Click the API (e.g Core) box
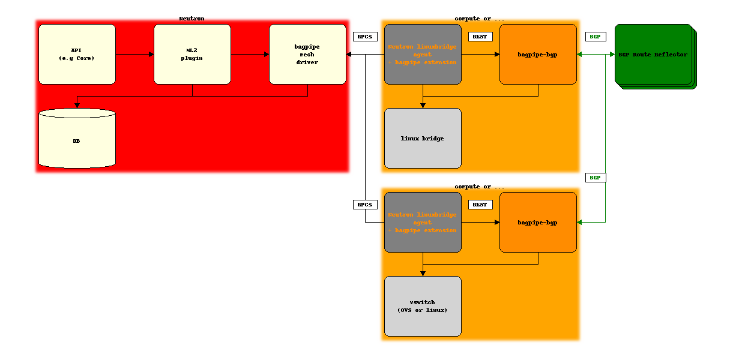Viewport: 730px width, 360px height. [x=77, y=54]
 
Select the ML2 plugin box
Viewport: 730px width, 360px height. [x=192, y=54]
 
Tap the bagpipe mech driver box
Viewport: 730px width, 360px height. [x=307, y=54]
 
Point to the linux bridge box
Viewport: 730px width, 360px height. [x=423, y=138]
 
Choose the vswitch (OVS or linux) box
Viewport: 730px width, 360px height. [x=423, y=306]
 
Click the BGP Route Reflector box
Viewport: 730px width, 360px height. [x=653, y=55]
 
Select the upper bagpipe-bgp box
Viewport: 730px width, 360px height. [x=538, y=54]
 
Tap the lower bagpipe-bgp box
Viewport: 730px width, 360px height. [x=538, y=222]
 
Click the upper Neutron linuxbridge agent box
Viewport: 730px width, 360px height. [x=423, y=54]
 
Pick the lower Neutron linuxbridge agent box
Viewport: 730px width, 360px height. [x=423, y=222]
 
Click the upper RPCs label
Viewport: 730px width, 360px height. [x=365, y=37]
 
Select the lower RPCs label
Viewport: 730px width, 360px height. [x=365, y=205]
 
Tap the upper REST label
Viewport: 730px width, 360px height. [x=480, y=37]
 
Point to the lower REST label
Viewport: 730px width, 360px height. [x=480, y=205]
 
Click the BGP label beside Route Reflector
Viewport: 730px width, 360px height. [x=595, y=37]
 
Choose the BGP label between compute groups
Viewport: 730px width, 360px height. [x=595, y=178]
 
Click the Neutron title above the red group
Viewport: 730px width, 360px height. [x=192, y=19]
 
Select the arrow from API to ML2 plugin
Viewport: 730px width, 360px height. [x=134, y=54]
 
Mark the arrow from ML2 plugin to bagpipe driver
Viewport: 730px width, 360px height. [x=250, y=54]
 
